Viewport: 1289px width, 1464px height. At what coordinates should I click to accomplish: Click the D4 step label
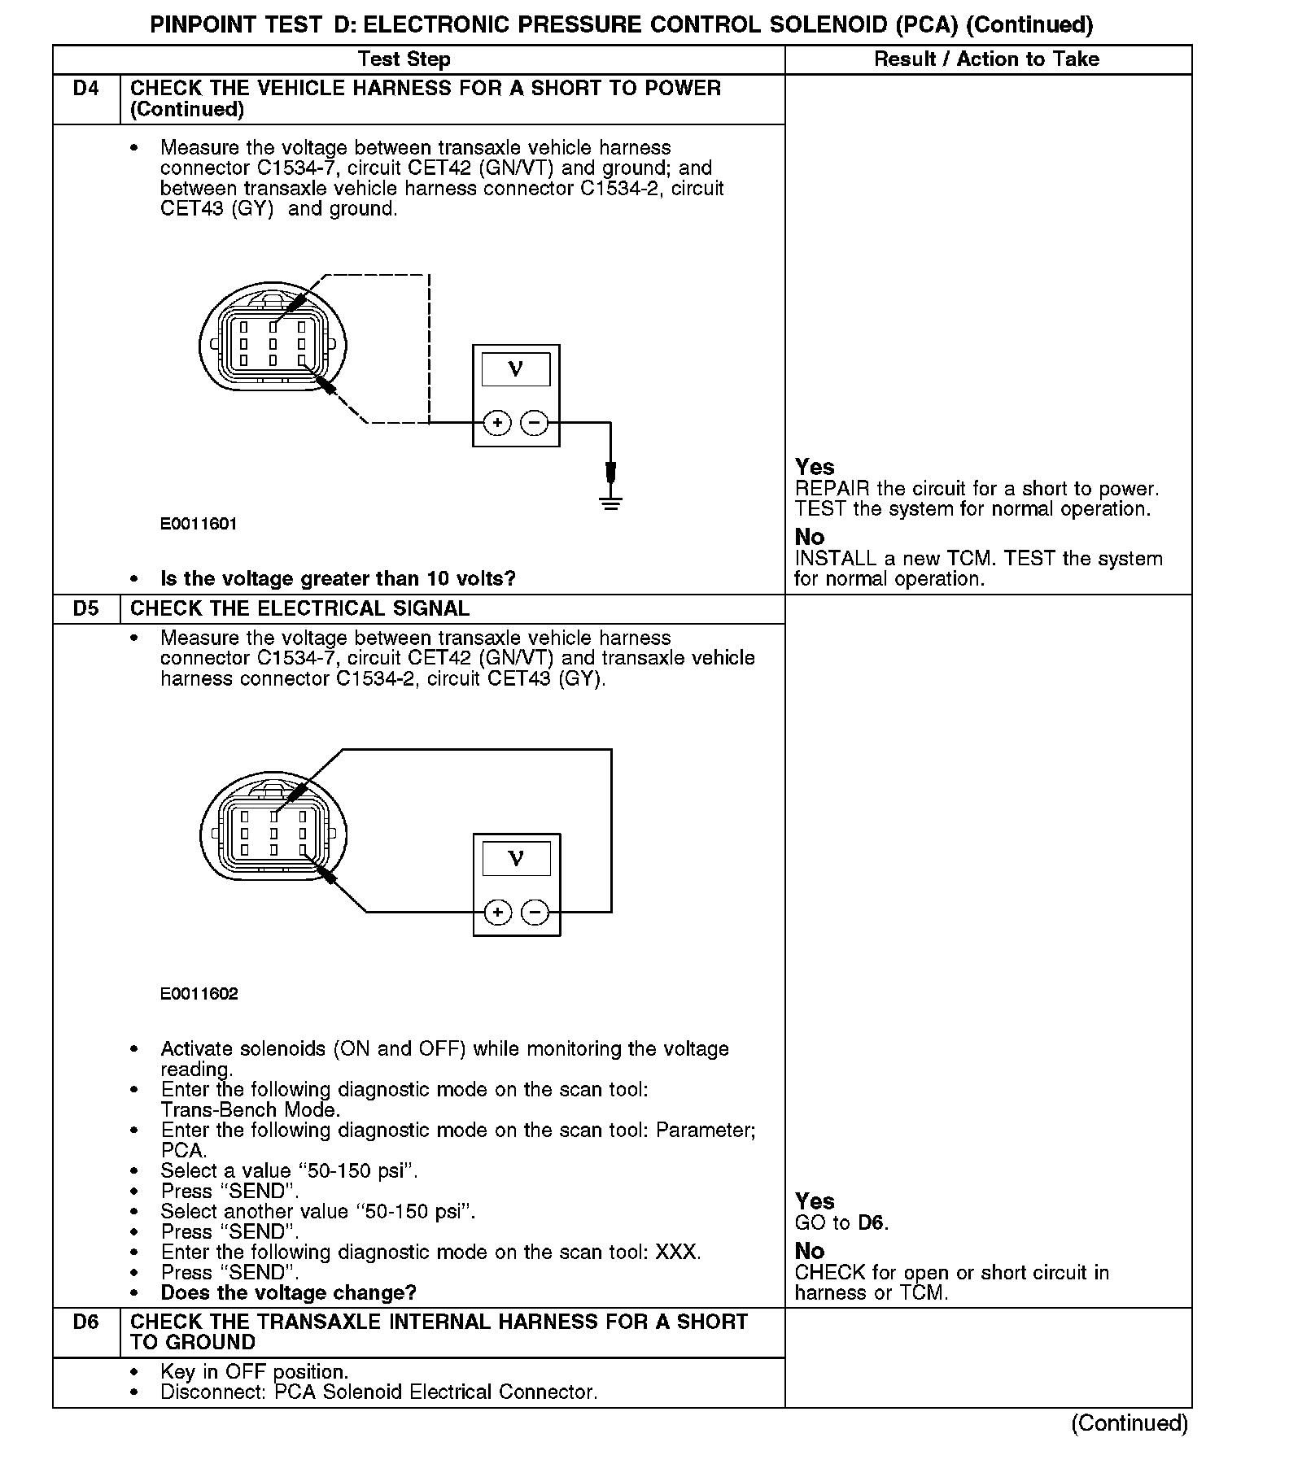(x=85, y=89)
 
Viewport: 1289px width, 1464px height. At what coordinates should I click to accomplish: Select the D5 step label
(x=85, y=608)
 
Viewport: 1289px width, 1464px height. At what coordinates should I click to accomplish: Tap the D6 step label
(x=85, y=1322)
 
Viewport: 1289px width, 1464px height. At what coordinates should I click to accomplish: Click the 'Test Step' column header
(x=404, y=59)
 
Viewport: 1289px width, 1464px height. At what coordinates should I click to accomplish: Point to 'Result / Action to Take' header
(x=986, y=59)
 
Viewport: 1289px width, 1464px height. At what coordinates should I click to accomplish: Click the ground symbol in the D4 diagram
(x=611, y=502)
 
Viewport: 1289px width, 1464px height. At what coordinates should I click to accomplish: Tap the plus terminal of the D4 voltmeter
(x=497, y=423)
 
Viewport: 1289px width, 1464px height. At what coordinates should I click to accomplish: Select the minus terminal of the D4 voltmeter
(x=535, y=423)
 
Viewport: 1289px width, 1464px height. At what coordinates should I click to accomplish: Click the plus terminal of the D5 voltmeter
(x=497, y=913)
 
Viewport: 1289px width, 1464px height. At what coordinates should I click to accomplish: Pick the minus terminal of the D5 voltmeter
(x=535, y=913)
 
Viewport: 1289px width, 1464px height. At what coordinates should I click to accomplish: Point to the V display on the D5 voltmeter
(x=516, y=859)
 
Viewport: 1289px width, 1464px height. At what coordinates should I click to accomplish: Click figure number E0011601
(x=199, y=525)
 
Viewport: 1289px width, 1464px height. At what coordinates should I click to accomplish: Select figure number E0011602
(x=199, y=994)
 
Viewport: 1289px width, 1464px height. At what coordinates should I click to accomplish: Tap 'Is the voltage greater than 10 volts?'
(x=338, y=579)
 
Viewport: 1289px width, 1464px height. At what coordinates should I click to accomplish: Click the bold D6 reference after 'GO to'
(x=872, y=1223)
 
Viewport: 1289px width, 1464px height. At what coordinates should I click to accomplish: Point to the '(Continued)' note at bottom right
(x=1130, y=1423)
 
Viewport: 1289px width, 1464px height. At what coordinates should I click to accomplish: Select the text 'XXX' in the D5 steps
(x=677, y=1253)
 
